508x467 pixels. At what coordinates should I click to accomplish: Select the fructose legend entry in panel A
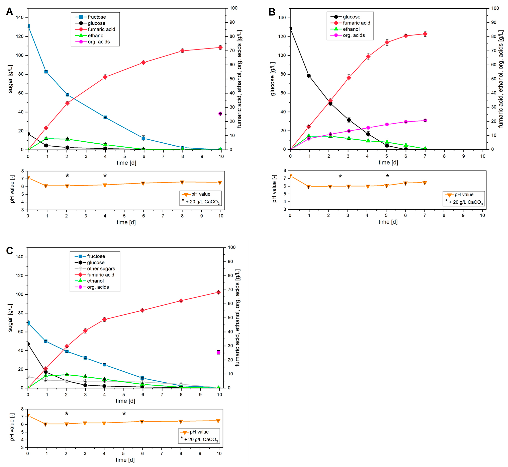click(x=96, y=17)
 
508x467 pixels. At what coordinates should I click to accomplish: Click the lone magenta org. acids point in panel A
click(x=220, y=114)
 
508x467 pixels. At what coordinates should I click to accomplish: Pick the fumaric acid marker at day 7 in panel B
click(x=425, y=34)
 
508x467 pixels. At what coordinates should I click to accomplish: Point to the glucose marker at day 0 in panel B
click(x=290, y=29)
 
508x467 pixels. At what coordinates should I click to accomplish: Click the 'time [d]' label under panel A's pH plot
click(x=126, y=222)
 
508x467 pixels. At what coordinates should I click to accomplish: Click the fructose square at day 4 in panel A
click(x=105, y=117)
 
